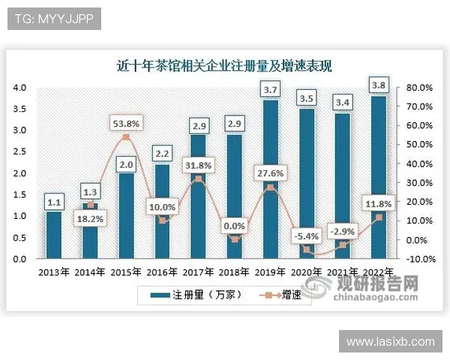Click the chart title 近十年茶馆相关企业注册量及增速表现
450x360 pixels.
click(225, 66)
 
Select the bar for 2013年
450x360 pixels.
click(53, 235)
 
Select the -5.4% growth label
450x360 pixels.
click(306, 235)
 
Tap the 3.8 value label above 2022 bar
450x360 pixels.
click(379, 84)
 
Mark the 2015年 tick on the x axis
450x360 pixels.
click(126, 271)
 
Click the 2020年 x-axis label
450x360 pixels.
click(307, 271)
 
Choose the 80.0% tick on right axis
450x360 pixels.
click(420, 88)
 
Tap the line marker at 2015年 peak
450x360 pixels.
click(126, 137)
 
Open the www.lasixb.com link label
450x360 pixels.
click(390, 342)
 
